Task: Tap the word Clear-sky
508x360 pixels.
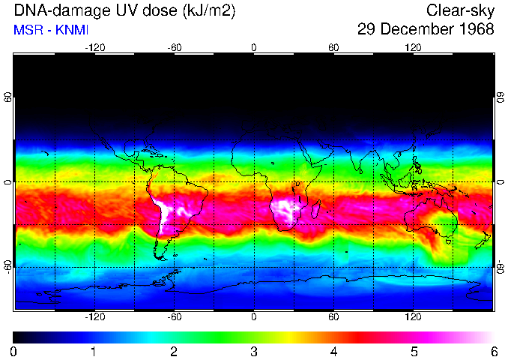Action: [461, 10]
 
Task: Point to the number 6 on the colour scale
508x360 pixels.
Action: [493, 351]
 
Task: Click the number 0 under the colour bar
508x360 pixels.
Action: [14, 351]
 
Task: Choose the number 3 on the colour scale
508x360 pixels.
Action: [254, 351]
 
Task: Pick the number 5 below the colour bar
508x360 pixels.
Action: [414, 351]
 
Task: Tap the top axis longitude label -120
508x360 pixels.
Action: [94, 47]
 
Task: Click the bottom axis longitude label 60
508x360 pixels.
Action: [333, 317]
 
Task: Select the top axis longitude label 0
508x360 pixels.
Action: [254, 47]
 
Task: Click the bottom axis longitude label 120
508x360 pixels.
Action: [413, 317]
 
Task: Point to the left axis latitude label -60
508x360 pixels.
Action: [7, 266]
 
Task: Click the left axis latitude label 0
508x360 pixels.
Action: [7, 182]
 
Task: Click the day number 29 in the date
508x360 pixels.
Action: [368, 29]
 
